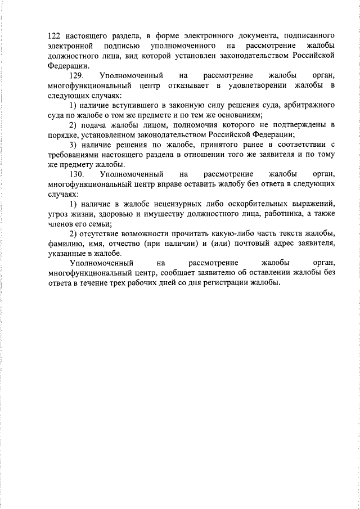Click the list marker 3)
point(74,144)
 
